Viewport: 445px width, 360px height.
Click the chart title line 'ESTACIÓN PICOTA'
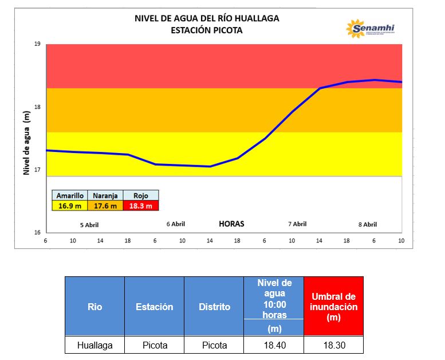click(206, 30)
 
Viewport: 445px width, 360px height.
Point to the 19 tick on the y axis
click(37, 44)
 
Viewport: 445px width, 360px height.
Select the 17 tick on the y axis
click(37, 170)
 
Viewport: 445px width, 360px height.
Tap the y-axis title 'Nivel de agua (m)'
click(26, 143)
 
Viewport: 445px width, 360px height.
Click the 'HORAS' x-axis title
click(231, 224)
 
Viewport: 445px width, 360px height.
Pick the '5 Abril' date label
click(89, 225)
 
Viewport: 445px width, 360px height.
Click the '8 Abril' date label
click(367, 225)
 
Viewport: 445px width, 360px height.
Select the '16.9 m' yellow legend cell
click(70, 206)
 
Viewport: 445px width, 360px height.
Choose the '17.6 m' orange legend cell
click(105, 206)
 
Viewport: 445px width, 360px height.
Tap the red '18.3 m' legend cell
click(140, 206)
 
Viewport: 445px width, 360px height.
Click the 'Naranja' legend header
click(105, 196)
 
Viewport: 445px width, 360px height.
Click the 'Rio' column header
click(95, 307)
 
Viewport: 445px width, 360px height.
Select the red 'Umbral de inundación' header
click(333, 307)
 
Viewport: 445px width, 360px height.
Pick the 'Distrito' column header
click(214, 307)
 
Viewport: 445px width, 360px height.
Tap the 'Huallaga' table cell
click(95, 345)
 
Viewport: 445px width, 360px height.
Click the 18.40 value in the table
click(274, 345)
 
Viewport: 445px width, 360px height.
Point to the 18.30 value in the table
click(333, 345)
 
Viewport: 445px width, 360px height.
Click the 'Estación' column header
click(155, 307)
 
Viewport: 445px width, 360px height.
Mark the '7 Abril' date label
click(297, 224)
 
